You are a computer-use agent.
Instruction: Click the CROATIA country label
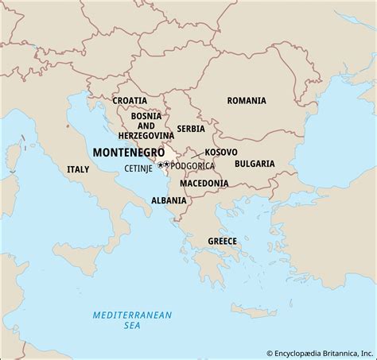click(x=130, y=101)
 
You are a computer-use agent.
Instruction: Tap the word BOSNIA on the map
click(x=146, y=115)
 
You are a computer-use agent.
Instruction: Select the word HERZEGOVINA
click(x=146, y=136)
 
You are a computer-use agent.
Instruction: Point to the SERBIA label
click(x=191, y=128)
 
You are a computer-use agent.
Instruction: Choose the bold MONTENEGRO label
click(x=129, y=152)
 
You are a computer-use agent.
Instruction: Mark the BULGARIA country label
click(x=255, y=164)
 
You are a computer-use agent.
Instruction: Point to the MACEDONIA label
click(x=204, y=183)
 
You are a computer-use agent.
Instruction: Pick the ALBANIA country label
click(x=168, y=200)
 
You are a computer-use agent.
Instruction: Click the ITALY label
click(x=78, y=169)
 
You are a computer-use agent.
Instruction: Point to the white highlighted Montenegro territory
click(x=169, y=155)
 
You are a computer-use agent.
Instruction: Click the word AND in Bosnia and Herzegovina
click(x=146, y=126)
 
